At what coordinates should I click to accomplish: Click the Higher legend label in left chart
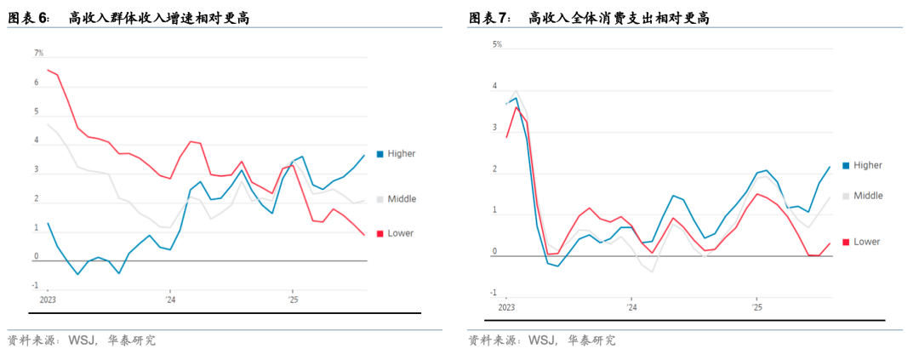(402, 154)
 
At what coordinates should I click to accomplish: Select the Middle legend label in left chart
(402, 199)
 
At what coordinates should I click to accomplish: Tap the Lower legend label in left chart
(401, 233)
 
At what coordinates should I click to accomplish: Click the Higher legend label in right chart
(868, 165)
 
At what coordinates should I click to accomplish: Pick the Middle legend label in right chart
(868, 196)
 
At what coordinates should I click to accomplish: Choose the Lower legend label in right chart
(867, 242)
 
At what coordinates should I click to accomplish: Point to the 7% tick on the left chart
(38, 53)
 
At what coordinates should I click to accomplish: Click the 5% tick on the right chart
(498, 44)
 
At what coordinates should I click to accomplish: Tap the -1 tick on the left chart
(37, 286)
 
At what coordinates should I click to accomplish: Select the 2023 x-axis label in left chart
(48, 300)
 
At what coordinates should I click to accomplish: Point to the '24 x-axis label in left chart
(170, 300)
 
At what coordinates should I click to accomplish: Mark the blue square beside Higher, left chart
(380, 154)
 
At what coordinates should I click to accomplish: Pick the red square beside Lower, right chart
(846, 242)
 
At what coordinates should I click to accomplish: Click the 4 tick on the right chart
(494, 86)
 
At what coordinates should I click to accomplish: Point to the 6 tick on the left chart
(37, 83)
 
